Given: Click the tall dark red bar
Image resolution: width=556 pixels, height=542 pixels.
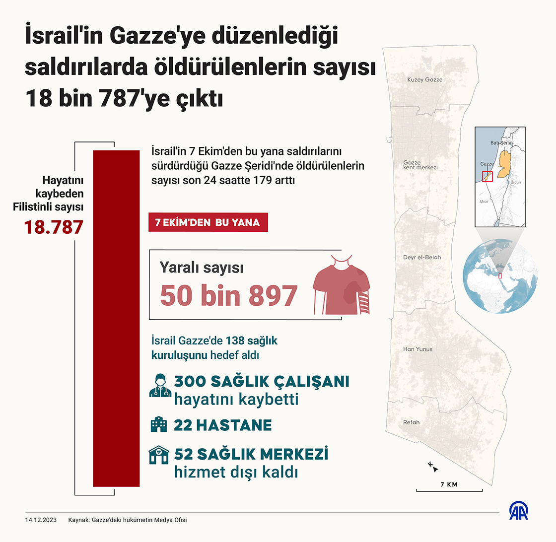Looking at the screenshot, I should coord(116,318).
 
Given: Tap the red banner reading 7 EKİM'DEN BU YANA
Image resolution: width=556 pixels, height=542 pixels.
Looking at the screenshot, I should coord(208,222).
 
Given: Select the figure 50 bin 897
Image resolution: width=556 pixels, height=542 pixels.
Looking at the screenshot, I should coord(229,296).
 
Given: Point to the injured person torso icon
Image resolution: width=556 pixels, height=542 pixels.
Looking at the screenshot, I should coord(342,286).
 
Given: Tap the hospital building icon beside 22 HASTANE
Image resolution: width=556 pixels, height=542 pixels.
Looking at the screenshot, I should coord(159,425).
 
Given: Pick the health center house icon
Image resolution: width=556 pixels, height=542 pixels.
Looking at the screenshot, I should coord(159,455).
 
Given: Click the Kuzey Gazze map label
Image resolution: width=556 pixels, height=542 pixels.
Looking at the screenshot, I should coord(424,79).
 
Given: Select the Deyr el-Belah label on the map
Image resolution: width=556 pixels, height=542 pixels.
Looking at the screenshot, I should coord(422,258).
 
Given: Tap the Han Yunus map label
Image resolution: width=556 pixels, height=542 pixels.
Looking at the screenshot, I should coord(417,349).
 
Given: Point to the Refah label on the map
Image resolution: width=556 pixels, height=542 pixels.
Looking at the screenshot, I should coord(411,422).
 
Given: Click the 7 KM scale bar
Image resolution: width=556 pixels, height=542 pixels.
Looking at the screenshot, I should coord(449,490).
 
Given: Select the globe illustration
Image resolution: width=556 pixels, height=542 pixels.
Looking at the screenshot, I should coord(499,276).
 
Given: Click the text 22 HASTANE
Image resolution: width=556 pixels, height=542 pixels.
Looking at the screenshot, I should coord(223,425).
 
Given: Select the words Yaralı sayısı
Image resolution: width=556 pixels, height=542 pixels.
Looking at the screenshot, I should coord(201,268).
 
